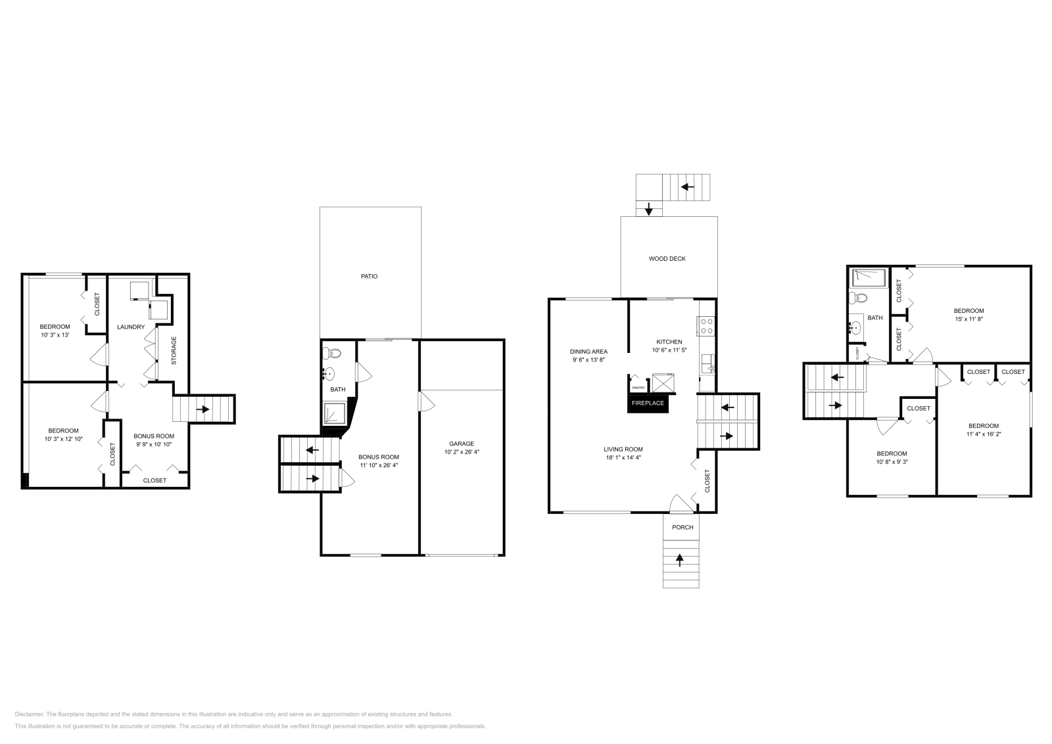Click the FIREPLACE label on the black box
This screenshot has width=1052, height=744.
648,403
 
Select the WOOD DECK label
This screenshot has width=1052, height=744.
667,259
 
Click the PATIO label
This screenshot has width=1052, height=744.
369,277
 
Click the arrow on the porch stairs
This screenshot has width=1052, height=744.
681,561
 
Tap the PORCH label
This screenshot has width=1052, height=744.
682,527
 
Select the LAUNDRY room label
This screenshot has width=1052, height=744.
131,327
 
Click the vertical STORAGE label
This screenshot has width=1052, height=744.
174,351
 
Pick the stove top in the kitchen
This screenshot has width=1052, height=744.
706,327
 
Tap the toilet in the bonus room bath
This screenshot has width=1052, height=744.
333,354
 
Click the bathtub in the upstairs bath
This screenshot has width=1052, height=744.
869,277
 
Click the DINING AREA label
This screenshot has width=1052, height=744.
588,352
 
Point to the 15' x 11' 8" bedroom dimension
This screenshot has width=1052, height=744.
968,319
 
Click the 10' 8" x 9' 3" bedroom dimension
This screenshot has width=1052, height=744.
892,462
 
